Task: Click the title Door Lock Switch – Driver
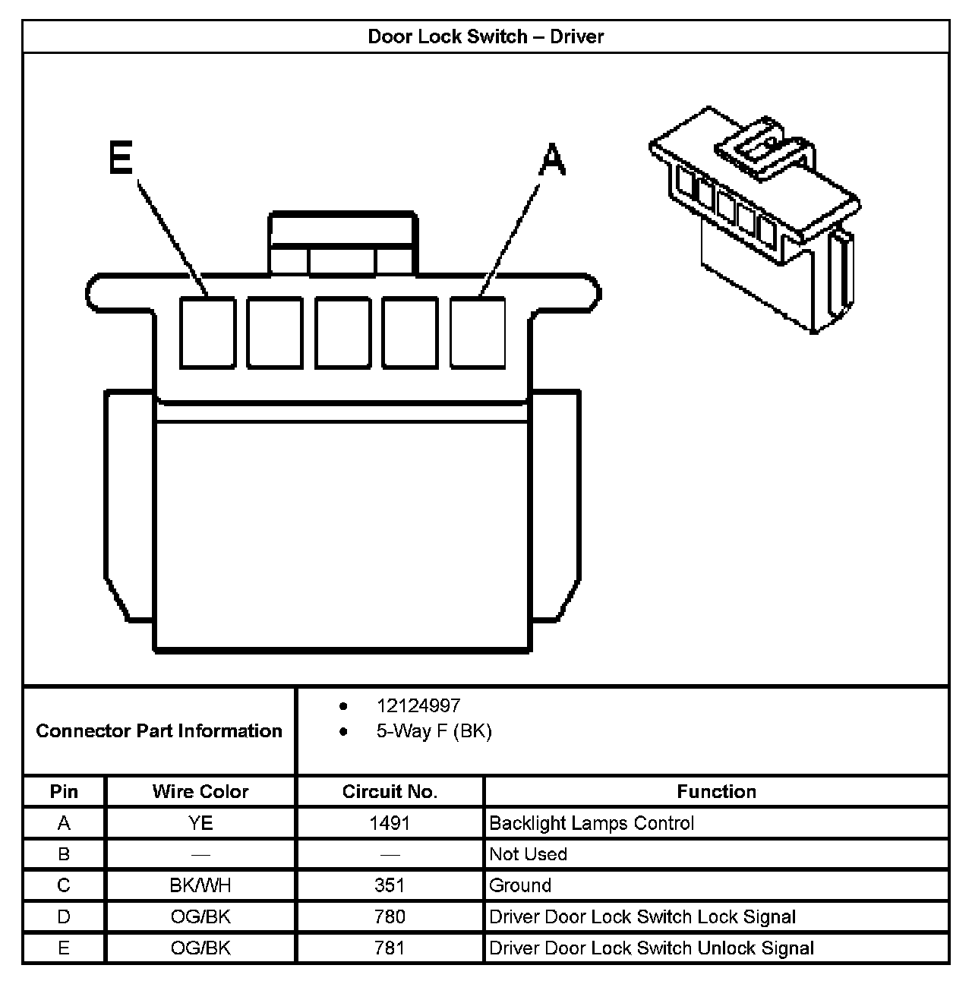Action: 485,36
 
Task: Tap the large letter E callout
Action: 121,159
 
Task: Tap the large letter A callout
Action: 552,160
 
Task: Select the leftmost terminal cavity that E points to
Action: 207,333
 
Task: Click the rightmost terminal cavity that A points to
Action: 478,333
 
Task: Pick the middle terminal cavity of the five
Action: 342,333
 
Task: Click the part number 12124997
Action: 418,706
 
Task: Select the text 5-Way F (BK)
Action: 434,731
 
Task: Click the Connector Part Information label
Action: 159,730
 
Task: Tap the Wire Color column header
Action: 200,791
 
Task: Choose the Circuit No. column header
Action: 390,791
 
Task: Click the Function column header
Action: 716,791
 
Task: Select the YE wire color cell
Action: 200,823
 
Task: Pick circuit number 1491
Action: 390,823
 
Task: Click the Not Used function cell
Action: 529,854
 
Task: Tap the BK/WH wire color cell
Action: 200,885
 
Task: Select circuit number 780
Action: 390,916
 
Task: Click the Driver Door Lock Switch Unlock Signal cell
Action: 652,948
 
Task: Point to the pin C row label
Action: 64,885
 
